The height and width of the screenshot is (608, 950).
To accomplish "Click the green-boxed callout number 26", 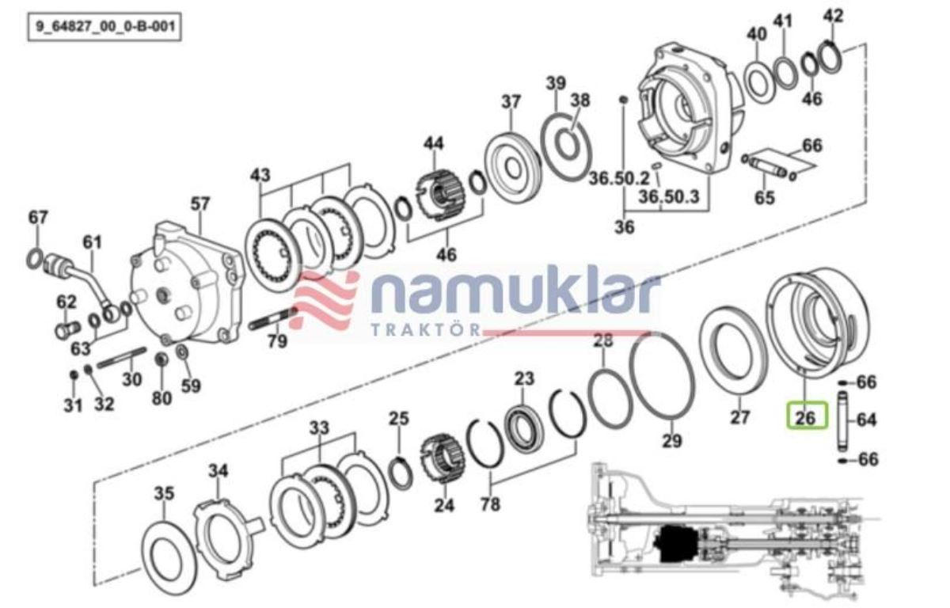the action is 806,419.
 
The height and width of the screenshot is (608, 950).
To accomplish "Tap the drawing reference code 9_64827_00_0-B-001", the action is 105,27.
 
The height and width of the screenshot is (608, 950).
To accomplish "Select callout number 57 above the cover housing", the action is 199,204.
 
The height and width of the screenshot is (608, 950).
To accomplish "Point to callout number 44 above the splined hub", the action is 433,143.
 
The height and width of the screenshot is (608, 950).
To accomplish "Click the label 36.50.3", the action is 669,197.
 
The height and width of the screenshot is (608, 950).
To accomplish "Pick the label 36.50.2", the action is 619,178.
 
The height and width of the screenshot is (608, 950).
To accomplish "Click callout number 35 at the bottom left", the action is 164,493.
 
